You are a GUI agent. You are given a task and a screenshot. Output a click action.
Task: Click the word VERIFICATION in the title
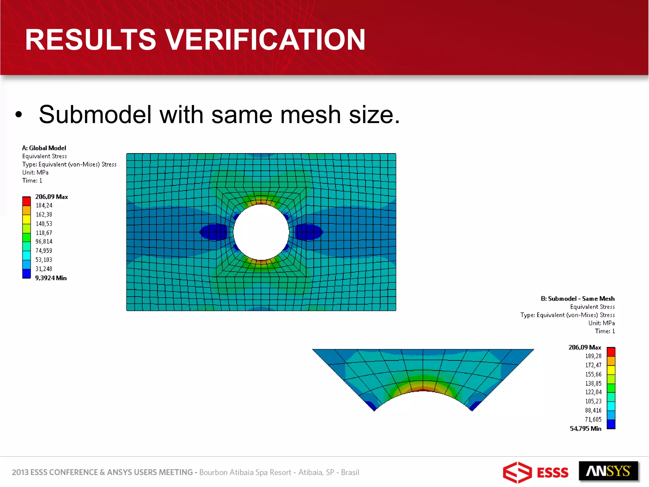[x=266, y=40]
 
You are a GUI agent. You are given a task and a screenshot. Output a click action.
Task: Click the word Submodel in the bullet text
[x=95, y=115]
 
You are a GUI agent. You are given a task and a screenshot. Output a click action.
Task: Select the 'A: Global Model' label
[x=44, y=148]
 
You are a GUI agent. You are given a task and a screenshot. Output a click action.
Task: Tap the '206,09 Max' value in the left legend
[x=51, y=197]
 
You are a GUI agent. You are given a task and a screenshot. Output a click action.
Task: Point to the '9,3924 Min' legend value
[x=51, y=278]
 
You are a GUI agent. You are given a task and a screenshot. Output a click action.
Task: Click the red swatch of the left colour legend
[x=26, y=201]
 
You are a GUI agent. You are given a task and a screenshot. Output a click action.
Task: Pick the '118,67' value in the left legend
[x=44, y=233]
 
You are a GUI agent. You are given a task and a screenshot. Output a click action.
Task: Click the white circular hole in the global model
[x=261, y=232]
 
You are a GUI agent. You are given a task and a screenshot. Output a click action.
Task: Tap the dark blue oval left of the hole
[x=214, y=232]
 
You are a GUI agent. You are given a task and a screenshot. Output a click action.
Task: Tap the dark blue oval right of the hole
[x=308, y=232]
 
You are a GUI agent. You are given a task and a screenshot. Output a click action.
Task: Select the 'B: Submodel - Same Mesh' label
[x=577, y=299]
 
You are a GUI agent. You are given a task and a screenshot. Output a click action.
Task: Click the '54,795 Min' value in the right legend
[x=585, y=429]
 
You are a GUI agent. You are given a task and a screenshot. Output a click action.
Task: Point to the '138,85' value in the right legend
[x=593, y=383]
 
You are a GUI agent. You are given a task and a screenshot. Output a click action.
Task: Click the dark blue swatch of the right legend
[x=611, y=424]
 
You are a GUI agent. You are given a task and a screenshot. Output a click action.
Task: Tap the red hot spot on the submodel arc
[x=423, y=390]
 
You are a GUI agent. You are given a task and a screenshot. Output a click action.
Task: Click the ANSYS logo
[x=608, y=471]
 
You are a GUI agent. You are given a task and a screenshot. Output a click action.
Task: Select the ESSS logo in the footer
[x=536, y=472]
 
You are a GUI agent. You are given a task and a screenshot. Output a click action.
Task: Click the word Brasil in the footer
[x=350, y=472]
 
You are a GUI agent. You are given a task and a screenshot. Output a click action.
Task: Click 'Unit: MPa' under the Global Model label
[x=35, y=172]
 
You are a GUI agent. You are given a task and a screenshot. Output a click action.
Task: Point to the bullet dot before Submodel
[x=19, y=115]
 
